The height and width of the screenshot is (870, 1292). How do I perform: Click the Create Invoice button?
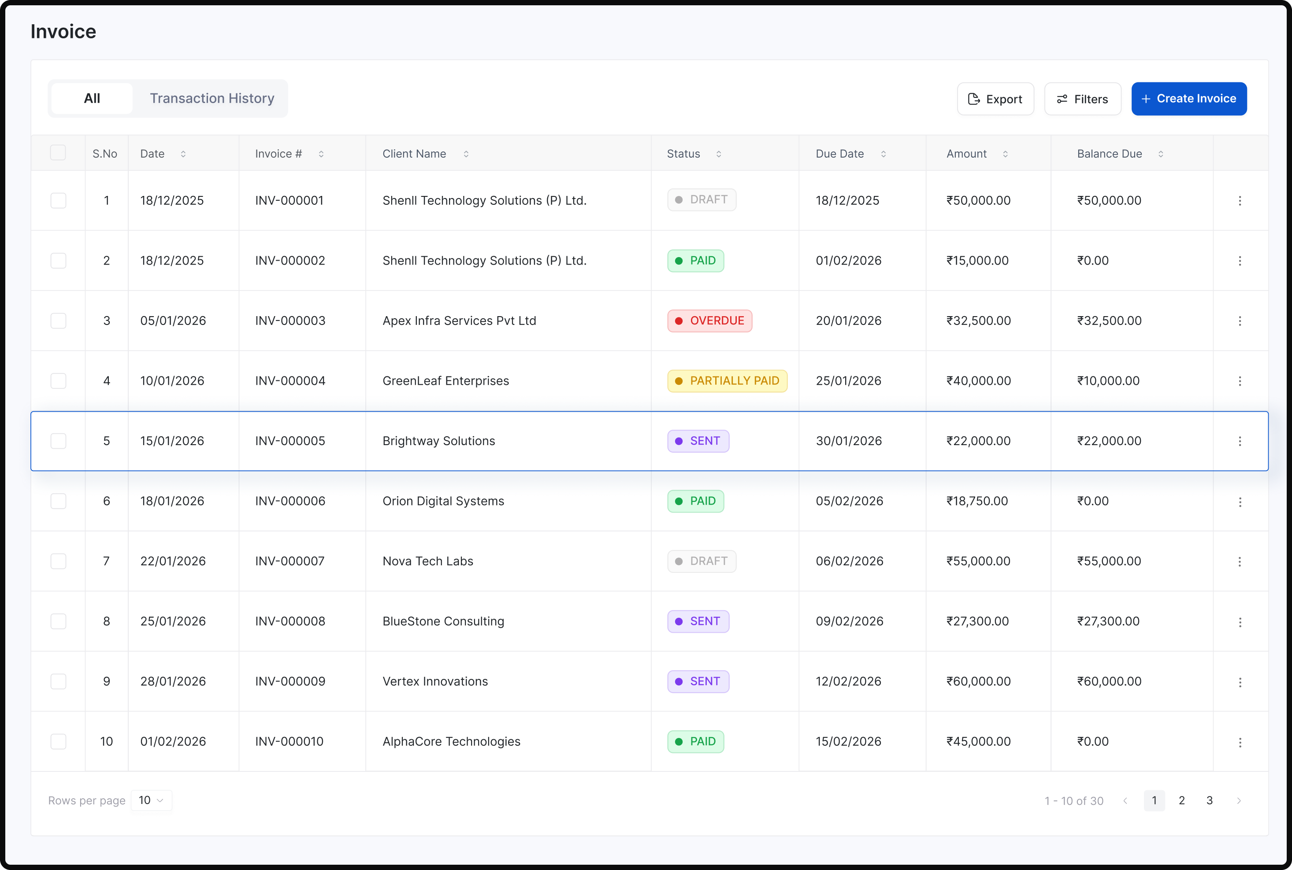(1189, 99)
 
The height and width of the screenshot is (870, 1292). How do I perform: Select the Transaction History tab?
(212, 98)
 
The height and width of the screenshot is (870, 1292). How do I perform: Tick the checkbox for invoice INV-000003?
(58, 321)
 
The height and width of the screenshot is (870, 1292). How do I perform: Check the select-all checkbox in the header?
(58, 153)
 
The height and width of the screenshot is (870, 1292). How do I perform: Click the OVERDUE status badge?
(709, 321)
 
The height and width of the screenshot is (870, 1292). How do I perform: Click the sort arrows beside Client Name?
(466, 154)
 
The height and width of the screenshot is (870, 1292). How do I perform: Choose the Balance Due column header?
(1109, 154)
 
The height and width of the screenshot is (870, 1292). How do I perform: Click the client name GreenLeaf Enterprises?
(446, 380)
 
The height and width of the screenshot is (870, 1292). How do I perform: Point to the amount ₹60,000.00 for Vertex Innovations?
(978, 682)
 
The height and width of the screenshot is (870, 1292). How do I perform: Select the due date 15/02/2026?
(848, 741)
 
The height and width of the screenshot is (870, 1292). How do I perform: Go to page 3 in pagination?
(1209, 800)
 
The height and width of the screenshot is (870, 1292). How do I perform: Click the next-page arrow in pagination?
(1238, 800)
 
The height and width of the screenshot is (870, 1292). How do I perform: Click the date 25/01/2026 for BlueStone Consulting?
(173, 621)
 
